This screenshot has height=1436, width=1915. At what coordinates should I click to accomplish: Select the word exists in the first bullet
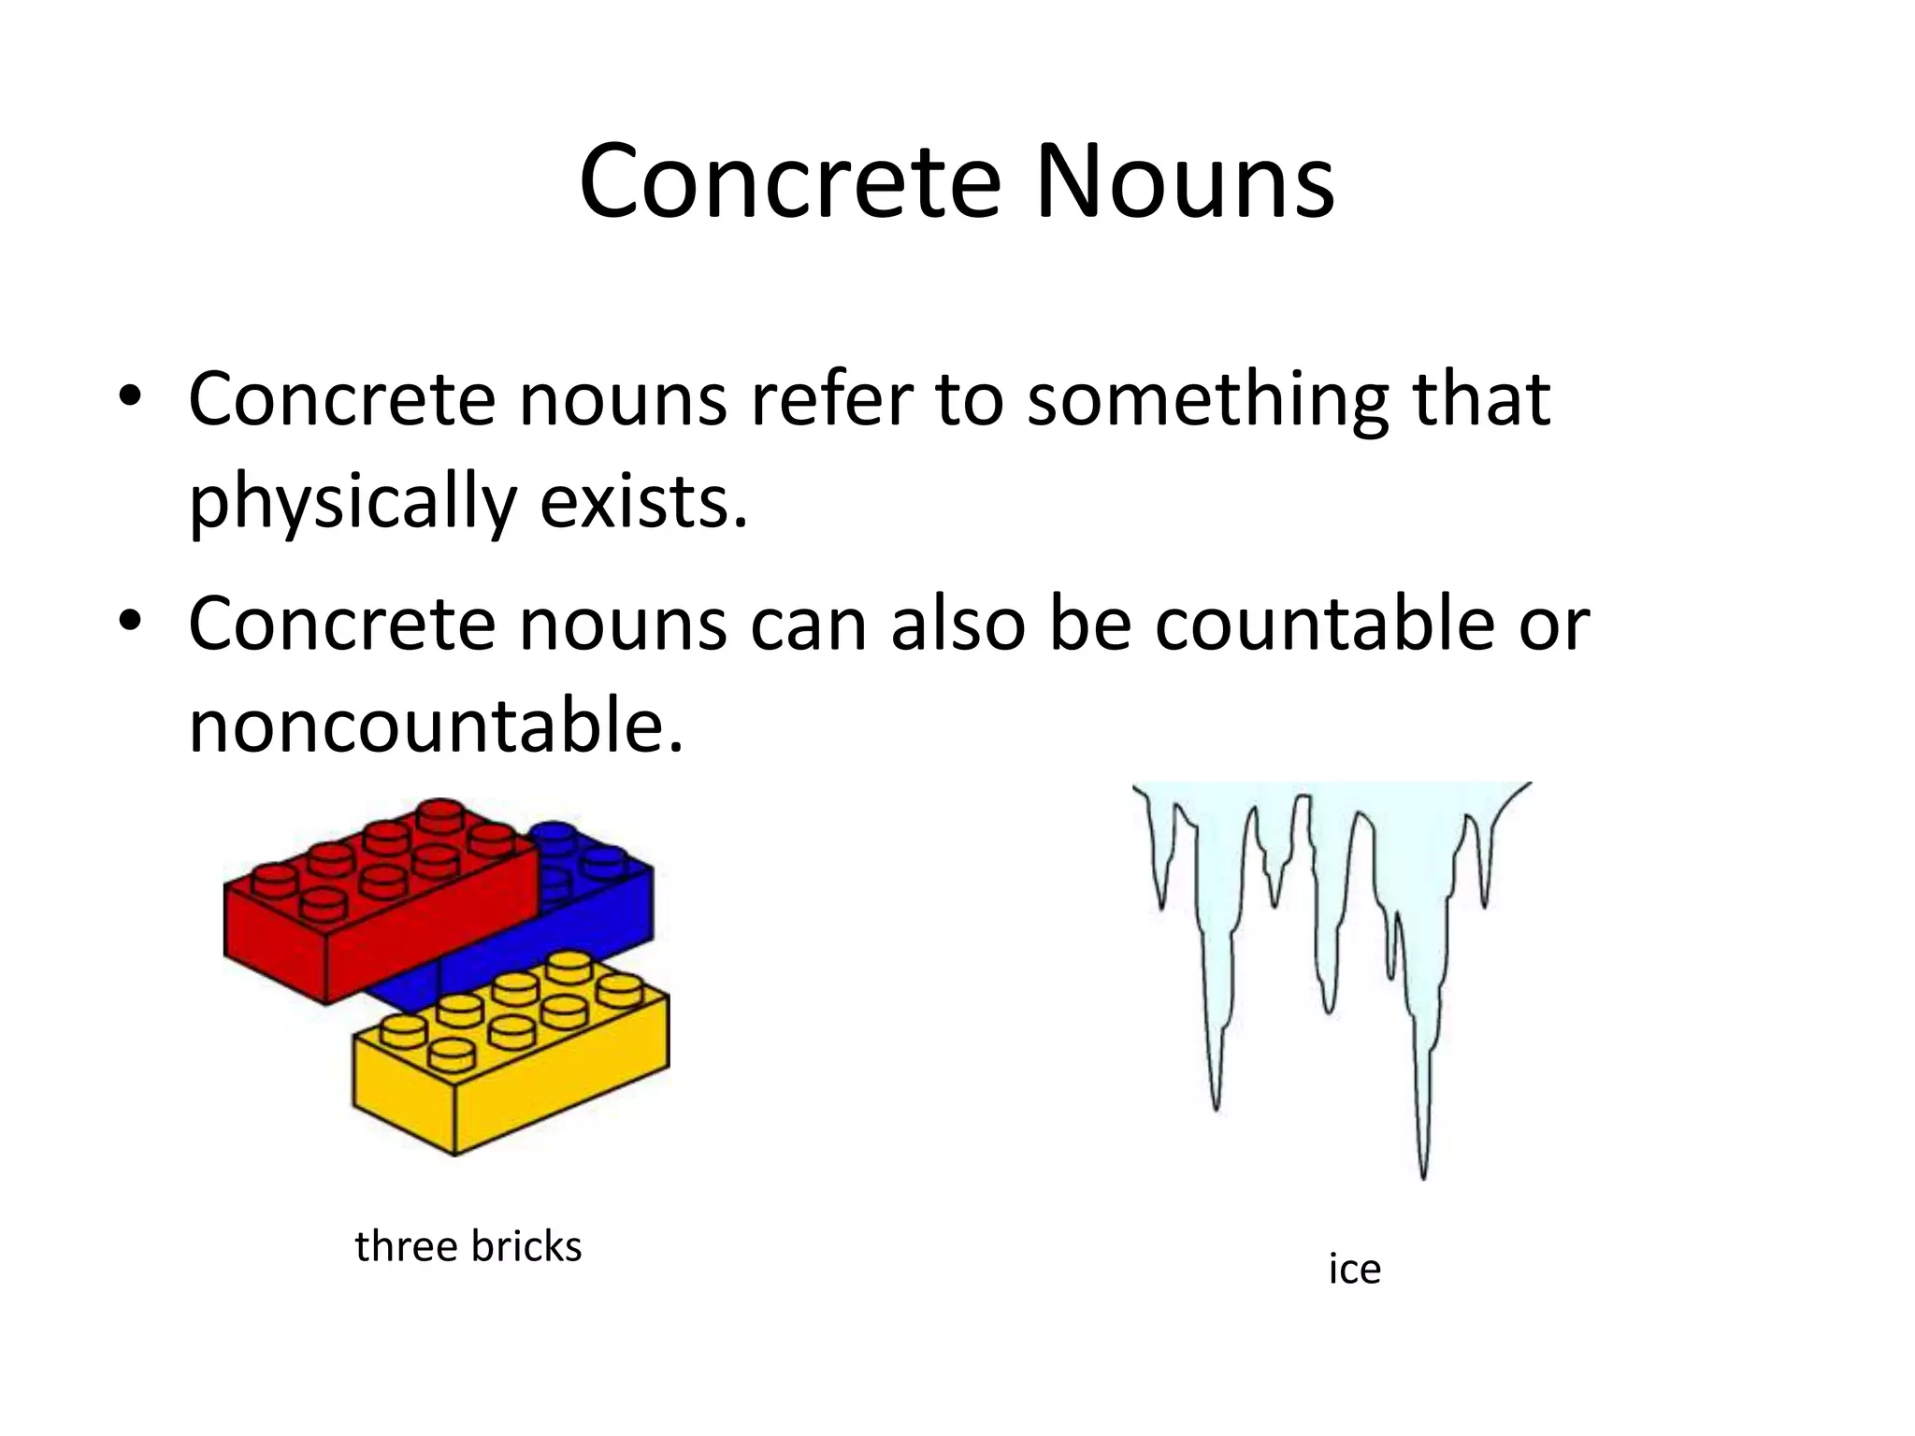point(644,501)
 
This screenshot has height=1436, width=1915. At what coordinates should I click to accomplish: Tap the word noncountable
point(436,725)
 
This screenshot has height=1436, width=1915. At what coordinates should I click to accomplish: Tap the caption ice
point(1354,1270)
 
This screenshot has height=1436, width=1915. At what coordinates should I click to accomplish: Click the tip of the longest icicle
point(1423,1176)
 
